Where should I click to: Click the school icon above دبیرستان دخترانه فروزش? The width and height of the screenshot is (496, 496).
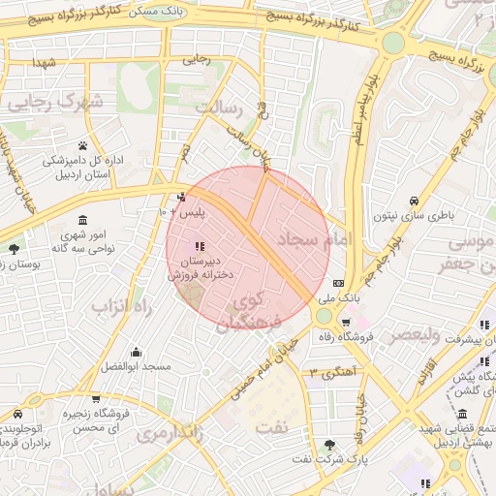200,246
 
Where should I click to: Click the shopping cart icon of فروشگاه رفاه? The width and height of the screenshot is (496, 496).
346,323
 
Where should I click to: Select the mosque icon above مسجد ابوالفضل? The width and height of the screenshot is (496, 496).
136,352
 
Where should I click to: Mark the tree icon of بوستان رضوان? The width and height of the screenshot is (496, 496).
14,249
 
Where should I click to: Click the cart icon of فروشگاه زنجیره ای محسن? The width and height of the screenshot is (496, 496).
96,399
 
